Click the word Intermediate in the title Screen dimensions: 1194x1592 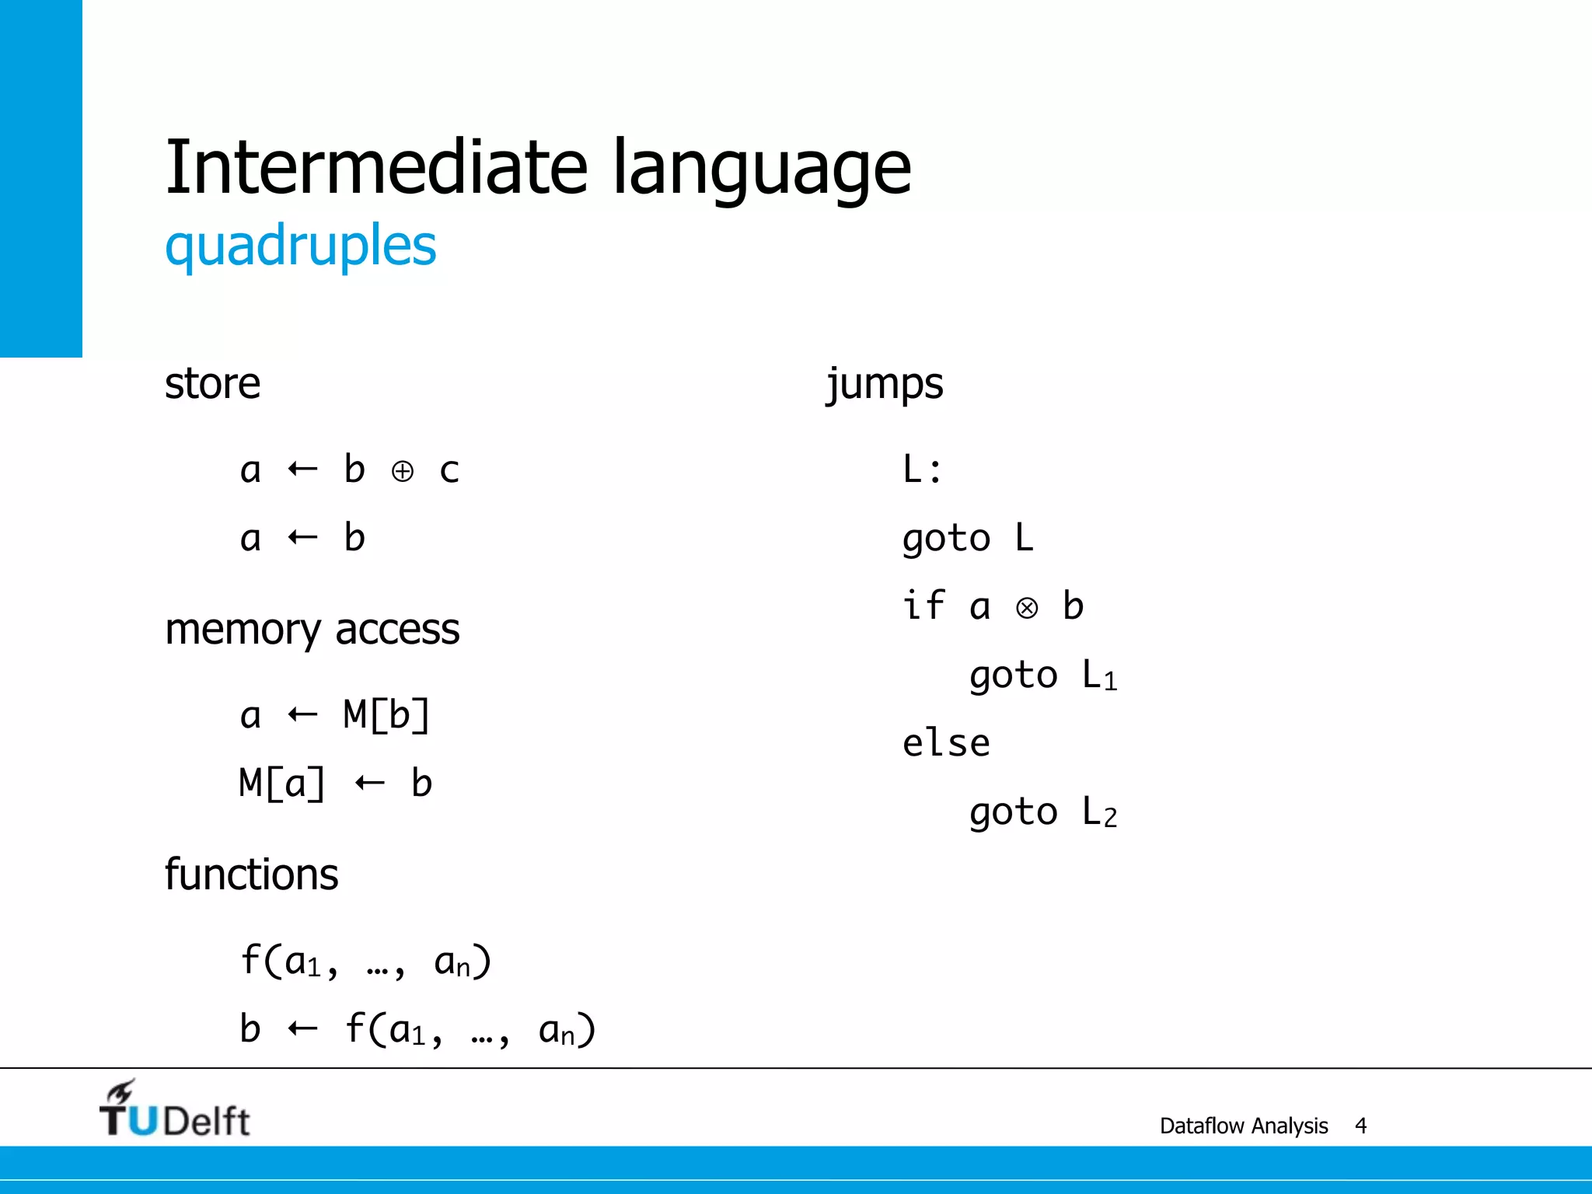pyautogui.click(x=376, y=166)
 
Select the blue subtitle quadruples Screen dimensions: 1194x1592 pyautogui.click(x=300, y=246)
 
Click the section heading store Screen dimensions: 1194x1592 pyautogui.click(x=212, y=384)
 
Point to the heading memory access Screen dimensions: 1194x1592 pyautogui.click(x=312, y=630)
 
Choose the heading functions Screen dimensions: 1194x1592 pyautogui.click(x=251, y=875)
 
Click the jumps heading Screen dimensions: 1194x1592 pyautogui.click(x=885, y=384)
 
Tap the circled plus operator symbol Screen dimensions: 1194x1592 pyautogui.click(x=402, y=471)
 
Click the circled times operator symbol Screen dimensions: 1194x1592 pyautogui.click(x=1027, y=608)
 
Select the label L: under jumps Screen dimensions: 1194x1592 pyautogui.click(x=922, y=470)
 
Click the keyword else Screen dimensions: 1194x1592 pyautogui.click(x=946, y=744)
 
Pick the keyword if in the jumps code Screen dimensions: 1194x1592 pyautogui.click(x=923, y=606)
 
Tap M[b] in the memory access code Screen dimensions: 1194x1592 pyautogui.click(x=386, y=715)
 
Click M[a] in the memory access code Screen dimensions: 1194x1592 pyautogui.click(x=282, y=784)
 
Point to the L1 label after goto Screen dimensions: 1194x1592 pyautogui.click(x=1099, y=676)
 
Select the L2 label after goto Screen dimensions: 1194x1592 pyautogui.click(x=1099, y=813)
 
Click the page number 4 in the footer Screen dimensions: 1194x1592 pyautogui.click(x=1360, y=1126)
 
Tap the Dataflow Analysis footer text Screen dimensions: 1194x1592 pyautogui.click(x=1243, y=1126)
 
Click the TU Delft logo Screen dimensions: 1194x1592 pyautogui.click(x=174, y=1110)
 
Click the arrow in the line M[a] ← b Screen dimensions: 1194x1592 pyautogui.click(x=369, y=783)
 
